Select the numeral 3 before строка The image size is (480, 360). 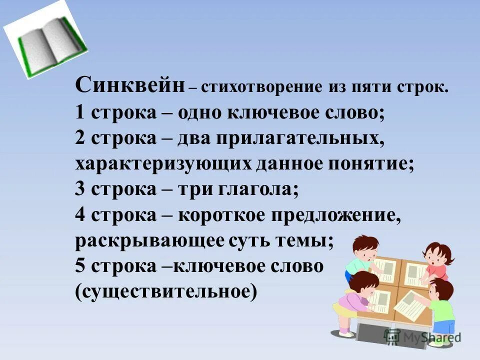coord(80,189)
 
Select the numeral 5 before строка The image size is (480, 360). coord(80,266)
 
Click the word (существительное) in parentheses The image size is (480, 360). coord(166,291)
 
